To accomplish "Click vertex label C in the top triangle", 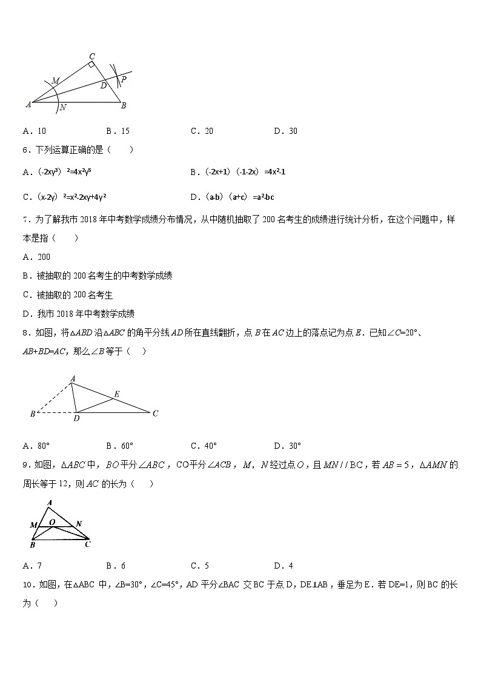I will (x=91, y=56).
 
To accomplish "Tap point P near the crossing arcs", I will (x=124, y=79).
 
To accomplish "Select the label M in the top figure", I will (x=55, y=81).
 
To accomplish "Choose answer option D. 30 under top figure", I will (x=285, y=131).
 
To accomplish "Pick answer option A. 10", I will (x=35, y=131).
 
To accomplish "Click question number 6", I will (x=26, y=150).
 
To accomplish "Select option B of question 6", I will (x=237, y=172).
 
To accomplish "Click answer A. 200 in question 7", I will (x=36, y=257).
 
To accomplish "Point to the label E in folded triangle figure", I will (x=116, y=394).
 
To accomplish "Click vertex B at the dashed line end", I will (x=32, y=414).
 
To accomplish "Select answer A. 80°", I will (x=36, y=446).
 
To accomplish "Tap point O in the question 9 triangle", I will (x=52, y=521).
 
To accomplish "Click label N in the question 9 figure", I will (x=79, y=523).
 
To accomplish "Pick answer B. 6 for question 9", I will (x=116, y=566).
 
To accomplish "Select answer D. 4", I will (x=283, y=566).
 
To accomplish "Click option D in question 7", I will (x=78, y=314).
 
